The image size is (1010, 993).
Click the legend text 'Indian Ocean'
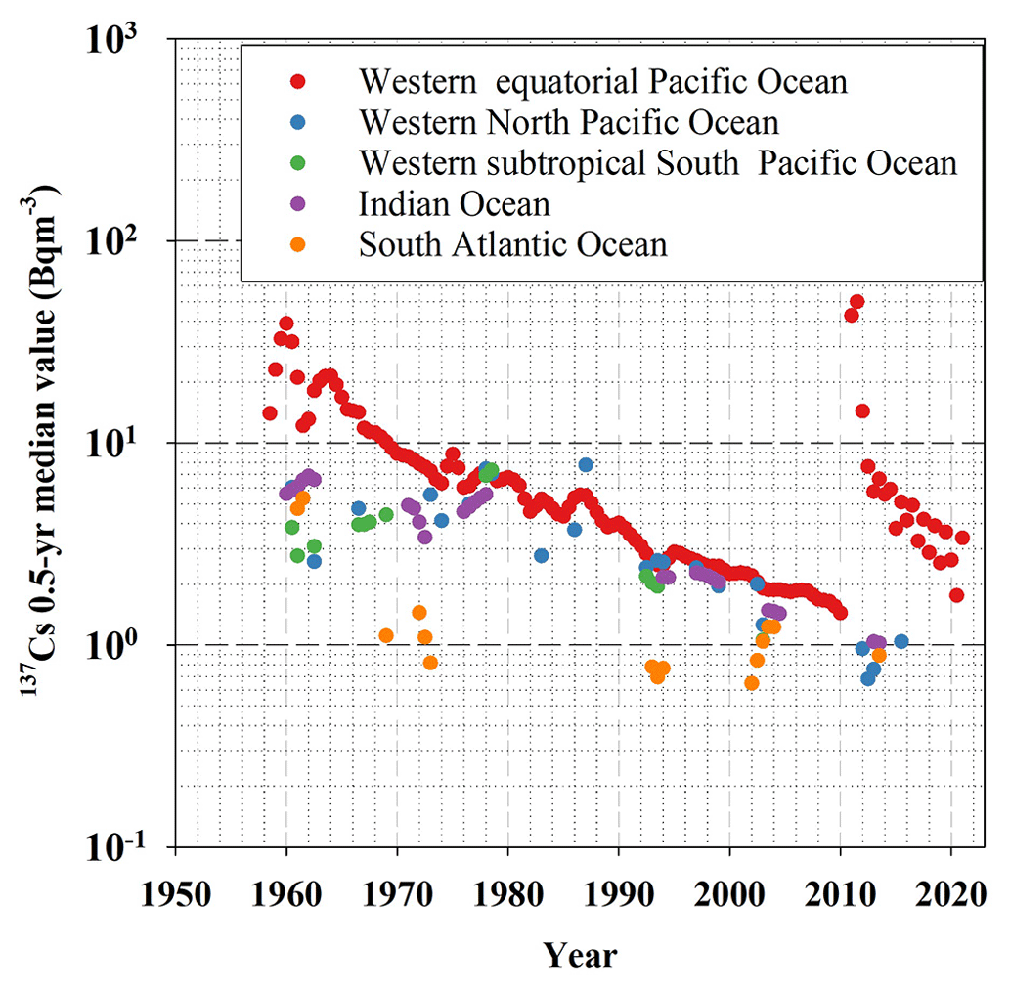click(455, 203)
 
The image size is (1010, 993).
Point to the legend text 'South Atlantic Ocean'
click(513, 243)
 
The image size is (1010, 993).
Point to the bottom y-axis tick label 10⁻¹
click(131, 850)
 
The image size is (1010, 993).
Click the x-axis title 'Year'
click(581, 955)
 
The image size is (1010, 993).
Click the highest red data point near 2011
click(856, 302)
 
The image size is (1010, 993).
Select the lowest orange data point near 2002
click(751, 683)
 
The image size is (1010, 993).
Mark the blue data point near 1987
click(586, 464)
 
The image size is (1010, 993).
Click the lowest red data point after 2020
click(956, 595)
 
